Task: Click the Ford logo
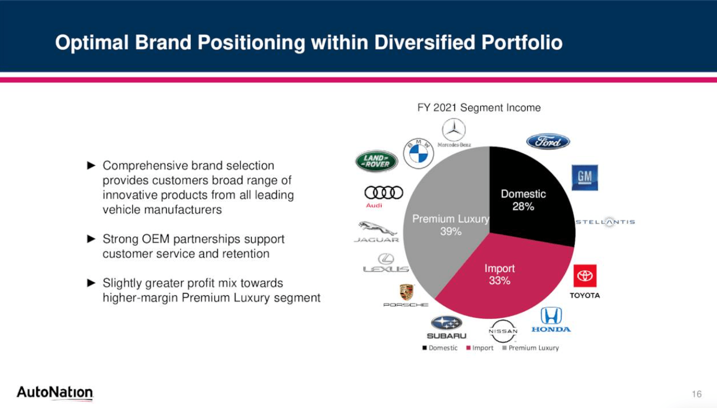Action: pyautogui.click(x=548, y=142)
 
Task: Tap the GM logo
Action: pyautogui.click(x=585, y=177)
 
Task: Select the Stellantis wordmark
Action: pyautogui.click(x=605, y=222)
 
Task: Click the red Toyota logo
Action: pyautogui.click(x=585, y=276)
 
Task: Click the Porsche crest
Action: pyautogui.click(x=406, y=292)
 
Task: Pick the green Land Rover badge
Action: pyautogui.click(x=377, y=161)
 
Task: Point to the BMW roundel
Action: pyautogui.click(x=418, y=154)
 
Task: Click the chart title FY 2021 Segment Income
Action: pyautogui.click(x=479, y=108)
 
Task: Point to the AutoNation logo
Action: pyautogui.click(x=55, y=393)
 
